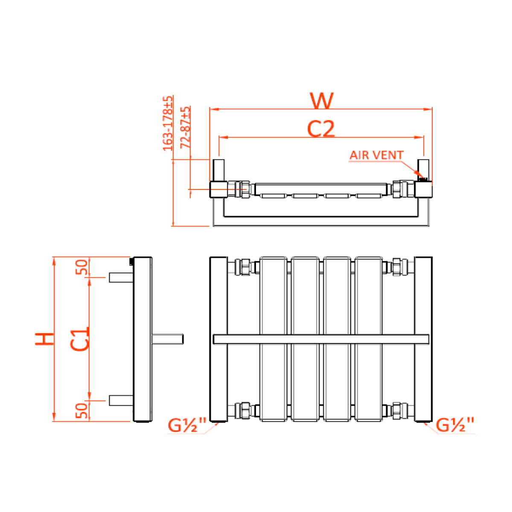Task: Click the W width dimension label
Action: click(x=322, y=101)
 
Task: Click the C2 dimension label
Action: click(x=321, y=129)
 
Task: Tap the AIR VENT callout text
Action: click(x=376, y=155)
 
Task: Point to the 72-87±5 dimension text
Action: click(x=185, y=127)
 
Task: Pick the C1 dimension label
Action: click(x=80, y=339)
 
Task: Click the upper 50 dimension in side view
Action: click(x=81, y=267)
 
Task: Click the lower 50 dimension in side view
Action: click(x=81, y=410)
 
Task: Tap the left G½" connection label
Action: click(x=186, y=425)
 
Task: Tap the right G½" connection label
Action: click(x=455, y=425)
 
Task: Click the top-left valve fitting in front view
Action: click(x=244, y=267)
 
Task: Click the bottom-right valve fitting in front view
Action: click(x=399, y=410)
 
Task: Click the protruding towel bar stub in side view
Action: click(x=168, y=339)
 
